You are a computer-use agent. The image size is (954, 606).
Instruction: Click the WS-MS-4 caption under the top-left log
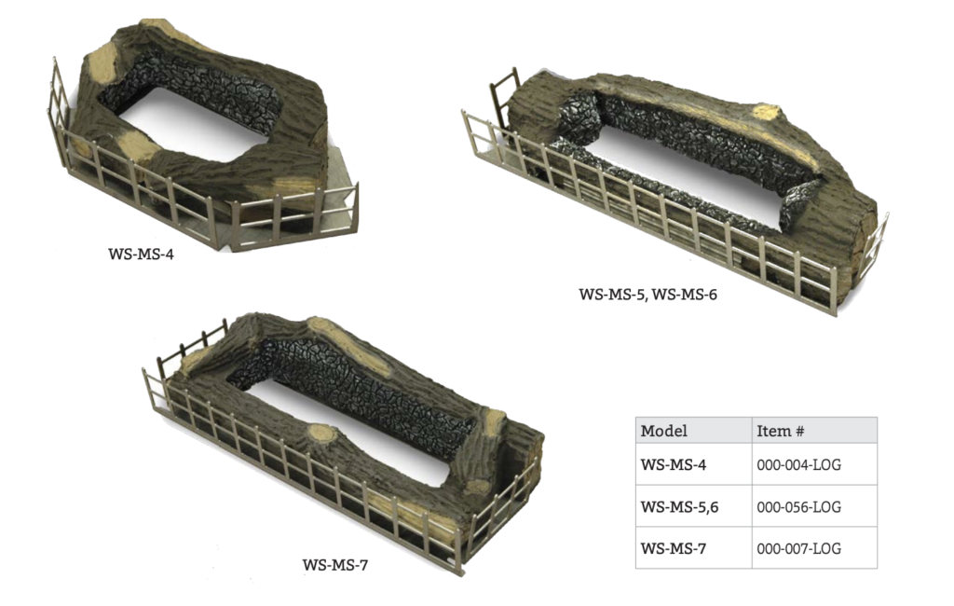tap(141, 254)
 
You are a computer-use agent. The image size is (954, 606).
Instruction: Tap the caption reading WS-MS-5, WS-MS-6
tap(647, 295)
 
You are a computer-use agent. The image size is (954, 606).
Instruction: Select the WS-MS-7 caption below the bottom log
tap(334, 565)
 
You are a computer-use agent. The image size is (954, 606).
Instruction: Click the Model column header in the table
tap(663, 432)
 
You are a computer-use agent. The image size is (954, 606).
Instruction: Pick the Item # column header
tap(781, 432)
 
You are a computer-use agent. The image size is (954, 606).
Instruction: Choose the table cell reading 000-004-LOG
tap(798, 464)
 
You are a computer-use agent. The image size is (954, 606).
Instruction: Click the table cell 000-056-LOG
tap(798, 507)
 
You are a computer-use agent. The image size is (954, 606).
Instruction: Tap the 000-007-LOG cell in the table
tap(798, 549)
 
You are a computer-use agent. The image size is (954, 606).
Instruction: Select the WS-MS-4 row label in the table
tap(674, 464)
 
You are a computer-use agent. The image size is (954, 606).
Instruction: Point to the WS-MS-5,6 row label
tap(679, 507)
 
